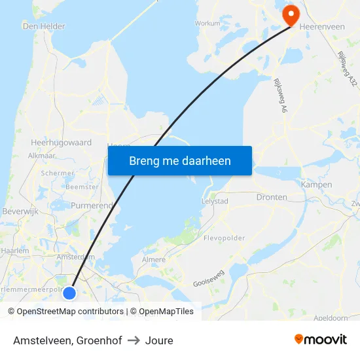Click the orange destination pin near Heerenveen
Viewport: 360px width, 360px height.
coord(289,14)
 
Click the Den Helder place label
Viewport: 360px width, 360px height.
coord(44,26)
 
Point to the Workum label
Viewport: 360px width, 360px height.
coord(207,23)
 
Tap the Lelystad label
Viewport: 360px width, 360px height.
coord(215,201)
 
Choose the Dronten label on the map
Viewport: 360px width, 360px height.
coord(272,197)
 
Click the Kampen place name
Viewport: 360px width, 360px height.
coord(317,185)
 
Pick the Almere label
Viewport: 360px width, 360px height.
coord(154,260)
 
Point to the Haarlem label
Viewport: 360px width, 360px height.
coord(15,251)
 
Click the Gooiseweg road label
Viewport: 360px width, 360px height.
coord(209,279)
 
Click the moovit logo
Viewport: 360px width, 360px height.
coord(320,340)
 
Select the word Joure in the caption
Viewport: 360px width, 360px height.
coord(159,340)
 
